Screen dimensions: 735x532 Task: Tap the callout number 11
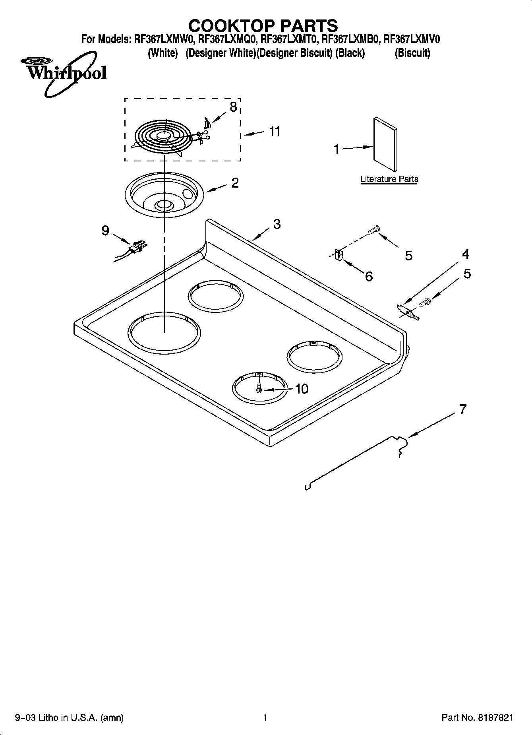275,131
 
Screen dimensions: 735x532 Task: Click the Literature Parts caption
389,179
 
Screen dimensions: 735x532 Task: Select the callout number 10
302,389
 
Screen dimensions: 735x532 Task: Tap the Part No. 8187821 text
477,718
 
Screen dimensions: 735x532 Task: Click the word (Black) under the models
350,53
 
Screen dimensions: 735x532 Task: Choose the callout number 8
233,107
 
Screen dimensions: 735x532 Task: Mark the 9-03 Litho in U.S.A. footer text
69,718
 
